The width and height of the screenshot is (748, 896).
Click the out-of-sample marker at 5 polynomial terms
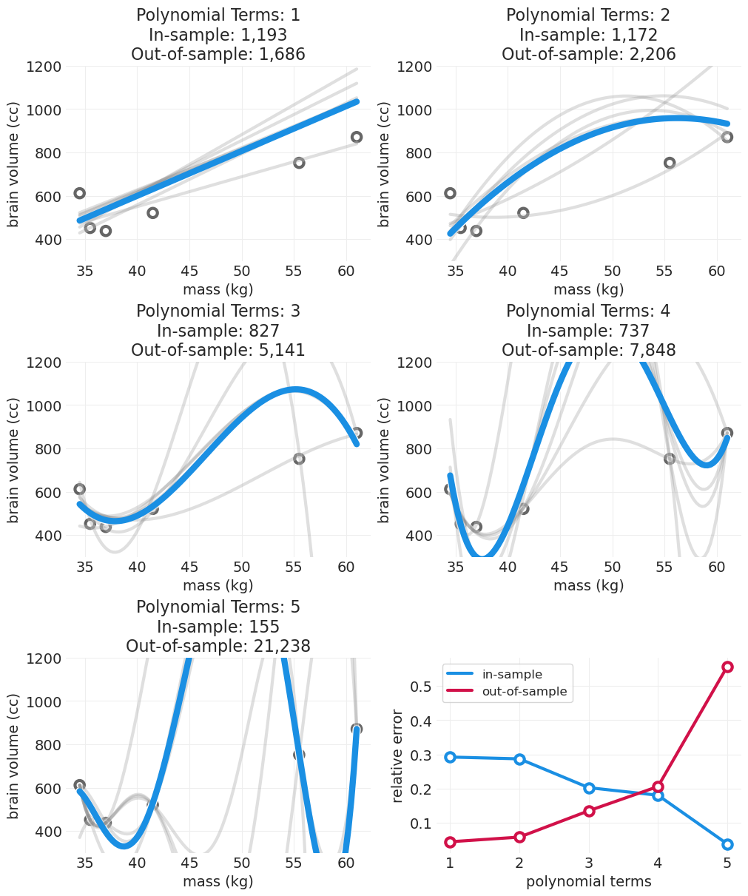727,667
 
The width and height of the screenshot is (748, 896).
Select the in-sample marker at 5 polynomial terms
727,844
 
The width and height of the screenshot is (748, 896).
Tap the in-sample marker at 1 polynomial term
450,757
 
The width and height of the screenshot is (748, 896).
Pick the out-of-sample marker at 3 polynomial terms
589,811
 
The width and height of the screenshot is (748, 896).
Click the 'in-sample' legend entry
512,675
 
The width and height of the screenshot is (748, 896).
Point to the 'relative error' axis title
398,755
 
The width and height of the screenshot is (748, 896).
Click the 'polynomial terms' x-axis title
588,881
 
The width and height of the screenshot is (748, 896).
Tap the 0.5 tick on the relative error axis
421,686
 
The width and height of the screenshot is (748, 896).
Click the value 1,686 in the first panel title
279,54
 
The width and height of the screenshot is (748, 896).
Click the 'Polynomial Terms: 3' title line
218,311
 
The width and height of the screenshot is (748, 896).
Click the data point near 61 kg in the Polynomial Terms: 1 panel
357,137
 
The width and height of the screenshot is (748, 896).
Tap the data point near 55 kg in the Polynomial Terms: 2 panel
670,163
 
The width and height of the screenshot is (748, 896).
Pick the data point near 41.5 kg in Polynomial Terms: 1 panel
152,213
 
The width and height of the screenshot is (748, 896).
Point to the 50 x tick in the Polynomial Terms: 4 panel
612,568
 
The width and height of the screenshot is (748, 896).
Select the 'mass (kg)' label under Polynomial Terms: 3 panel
218,585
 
